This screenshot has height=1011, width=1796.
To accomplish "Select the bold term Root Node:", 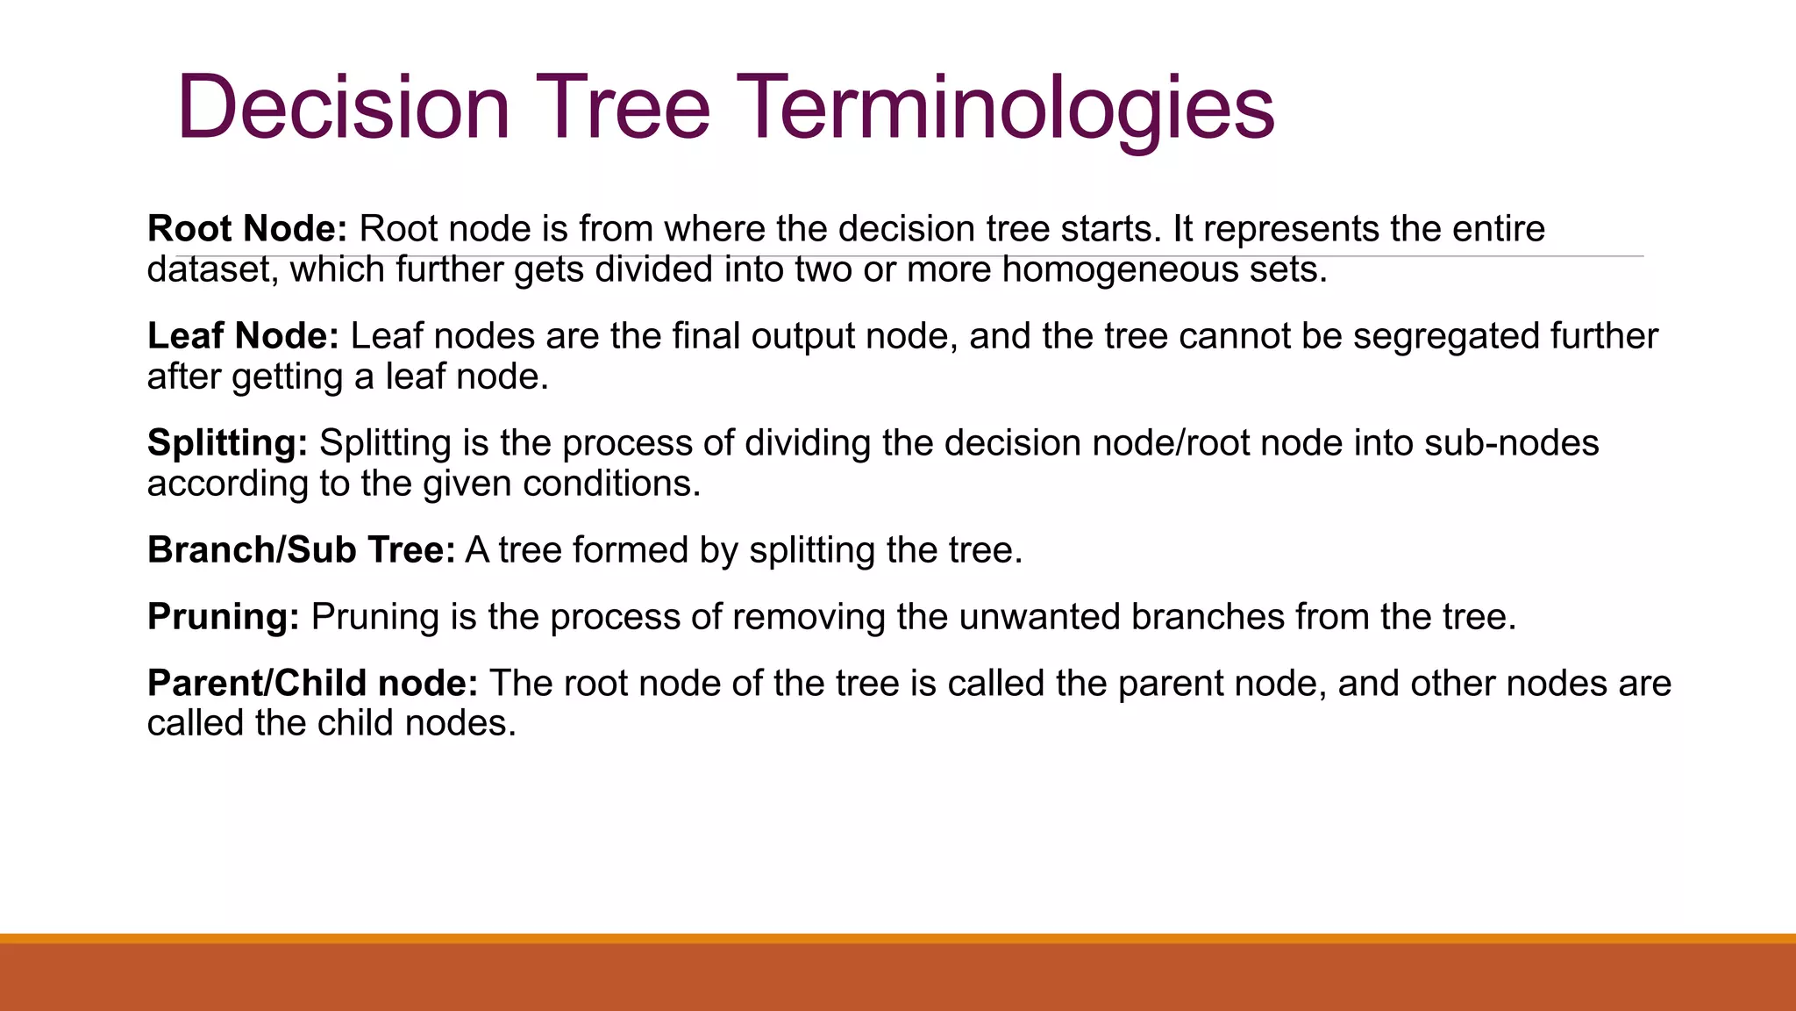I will (x=247, y=229).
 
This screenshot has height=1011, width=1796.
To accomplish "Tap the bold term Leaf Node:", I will (x=243, y=336).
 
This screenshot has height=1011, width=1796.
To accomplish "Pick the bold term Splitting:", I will (x=227, y=443).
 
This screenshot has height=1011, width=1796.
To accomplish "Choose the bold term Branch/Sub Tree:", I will (x=301, y=550).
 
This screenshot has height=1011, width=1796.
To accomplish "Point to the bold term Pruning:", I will (x=224, y=617).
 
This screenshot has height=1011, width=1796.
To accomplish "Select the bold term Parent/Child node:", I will (x=312, y=684).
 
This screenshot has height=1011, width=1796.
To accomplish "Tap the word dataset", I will (x=211, y=269).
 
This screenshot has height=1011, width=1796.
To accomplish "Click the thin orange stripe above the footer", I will (x=898, y=938).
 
